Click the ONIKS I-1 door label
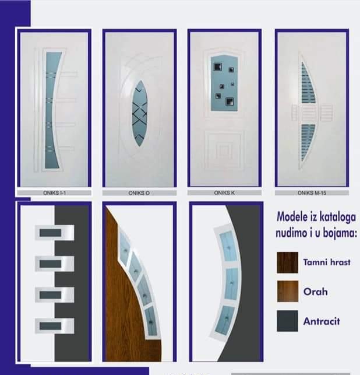coord(54,193)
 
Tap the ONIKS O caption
coord(139,193)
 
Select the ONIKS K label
coord(224,193)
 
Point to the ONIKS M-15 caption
coord(312,193)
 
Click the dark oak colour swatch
coord(287,262)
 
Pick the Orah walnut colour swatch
coord(288,291)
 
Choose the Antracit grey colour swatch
coord(287,321)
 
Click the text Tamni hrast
coord(327,262)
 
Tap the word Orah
coord(315,292)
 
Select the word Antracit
coord(322,321)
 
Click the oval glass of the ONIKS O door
coord(139,113)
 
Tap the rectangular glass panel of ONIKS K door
coord(224,83)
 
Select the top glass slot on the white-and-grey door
coord(51,233)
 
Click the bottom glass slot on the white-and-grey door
coord(51,326)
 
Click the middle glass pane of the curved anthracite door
coord(231,283)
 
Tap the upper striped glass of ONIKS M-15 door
coord(307,83)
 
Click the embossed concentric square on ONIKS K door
coord(224,150)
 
